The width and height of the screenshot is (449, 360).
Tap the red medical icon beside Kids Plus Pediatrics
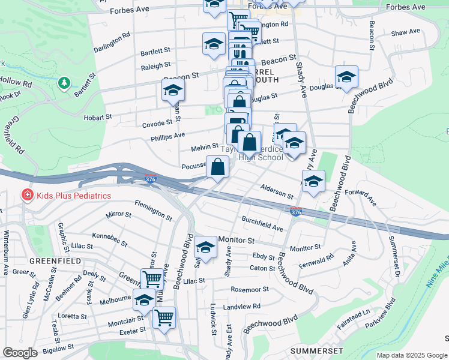26,195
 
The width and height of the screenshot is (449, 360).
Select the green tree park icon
64,82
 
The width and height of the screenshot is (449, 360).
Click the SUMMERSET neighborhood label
316,350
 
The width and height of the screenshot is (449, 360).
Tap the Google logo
20,353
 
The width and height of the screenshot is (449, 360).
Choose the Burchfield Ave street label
262,224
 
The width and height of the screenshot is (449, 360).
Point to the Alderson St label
277,192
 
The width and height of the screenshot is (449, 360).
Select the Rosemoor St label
250,289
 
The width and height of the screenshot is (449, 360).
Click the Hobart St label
98,118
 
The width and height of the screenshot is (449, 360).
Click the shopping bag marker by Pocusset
218,167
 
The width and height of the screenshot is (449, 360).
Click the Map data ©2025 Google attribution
411,355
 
